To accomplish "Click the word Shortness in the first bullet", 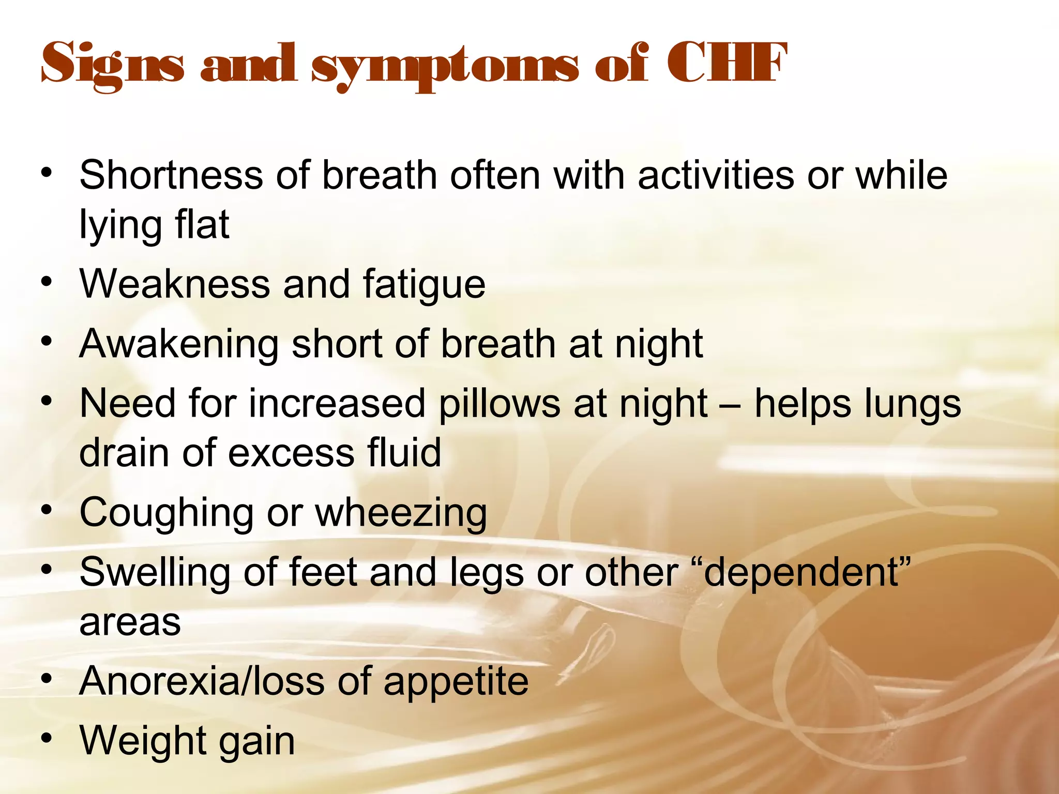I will (x=171, y=176).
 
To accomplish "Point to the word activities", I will (x=716, y=176).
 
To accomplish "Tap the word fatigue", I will (x=424, y=285).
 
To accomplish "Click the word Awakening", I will (x=179, y=344).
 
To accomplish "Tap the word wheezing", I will (x=401, y=513).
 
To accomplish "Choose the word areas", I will (x=130, y=622).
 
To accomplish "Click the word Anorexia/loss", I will (x=202, y=681).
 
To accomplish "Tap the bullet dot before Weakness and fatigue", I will (x=47, y=282).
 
